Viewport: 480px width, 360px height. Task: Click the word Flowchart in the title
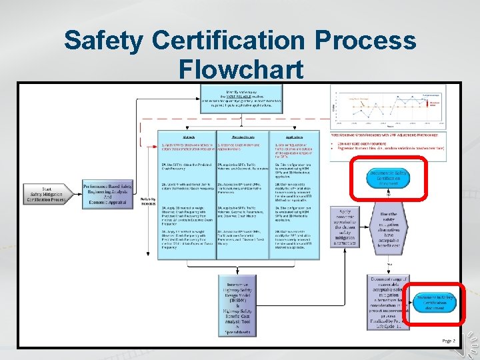pyautogui.click(x=241, y=69)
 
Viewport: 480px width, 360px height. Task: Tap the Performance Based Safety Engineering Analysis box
pyautogui.click(x=107, y=191)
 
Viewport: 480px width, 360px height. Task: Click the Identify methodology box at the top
pyautogui.click(x=245, y=99)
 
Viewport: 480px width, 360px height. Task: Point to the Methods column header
pyautogui.click(x=187, y=135)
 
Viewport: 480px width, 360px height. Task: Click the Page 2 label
pyautogui.click(x=448, y=341)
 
